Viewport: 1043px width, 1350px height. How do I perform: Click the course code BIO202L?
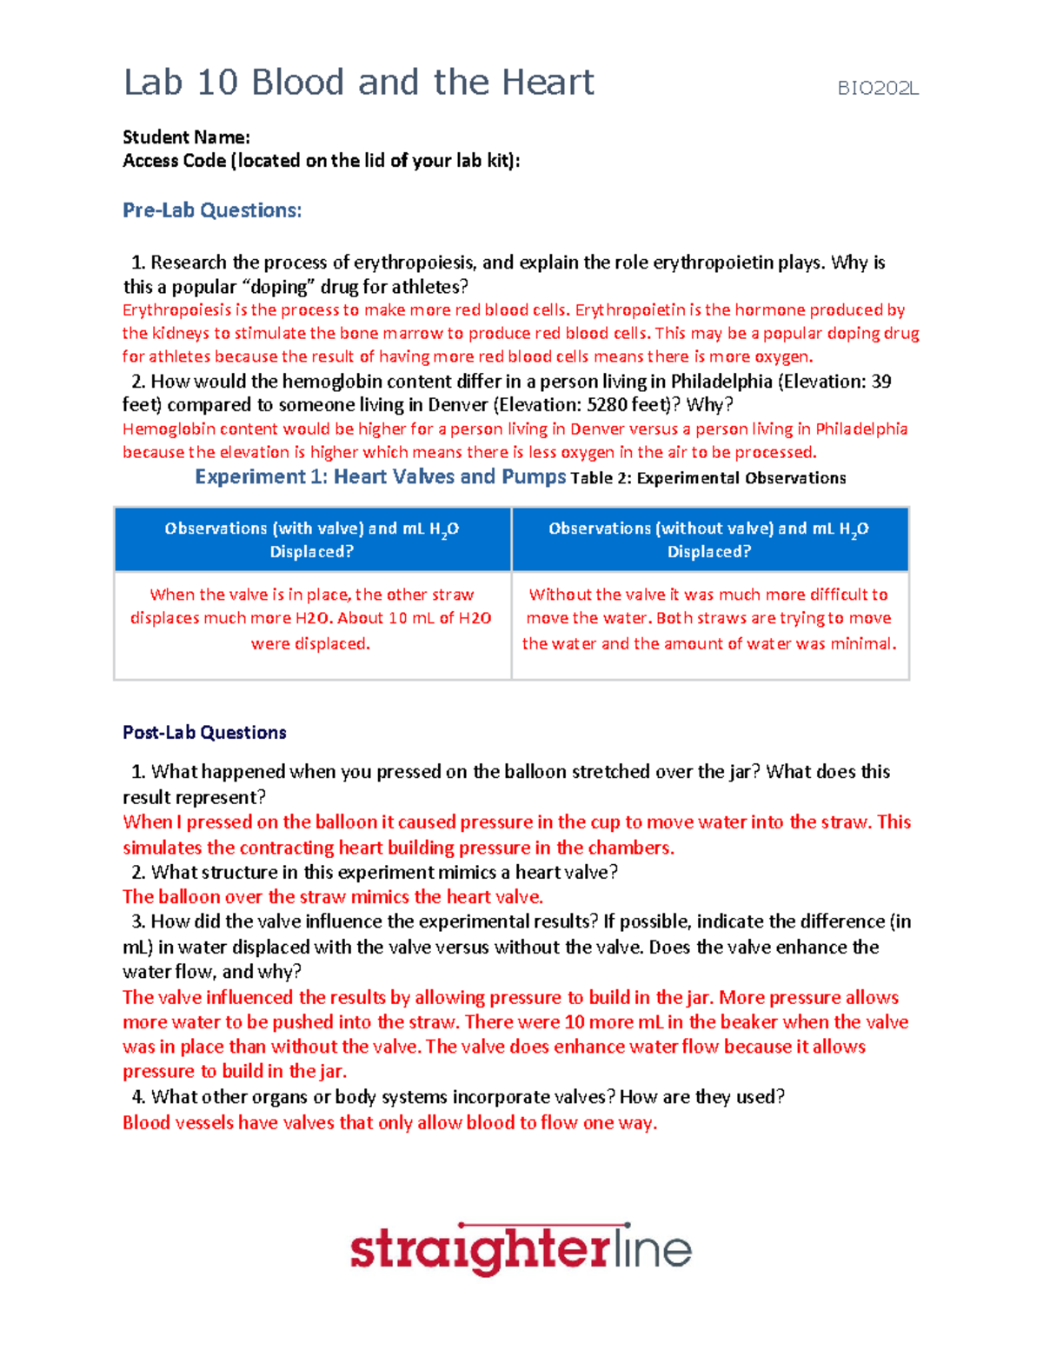point(877,88)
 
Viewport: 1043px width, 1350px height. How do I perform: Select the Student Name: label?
point(186,137)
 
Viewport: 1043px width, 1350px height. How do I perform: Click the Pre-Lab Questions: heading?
point(212,210)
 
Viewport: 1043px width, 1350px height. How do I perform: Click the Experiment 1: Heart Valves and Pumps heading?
point(380,476)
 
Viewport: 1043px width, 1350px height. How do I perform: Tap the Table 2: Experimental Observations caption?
point(708,478)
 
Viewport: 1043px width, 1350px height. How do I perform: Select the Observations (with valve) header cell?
point(312,540)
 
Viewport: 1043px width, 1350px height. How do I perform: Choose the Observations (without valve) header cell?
point(709,540)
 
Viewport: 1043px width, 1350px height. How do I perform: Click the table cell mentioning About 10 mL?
point(312,619)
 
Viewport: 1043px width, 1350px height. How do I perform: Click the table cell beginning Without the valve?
point(709,619)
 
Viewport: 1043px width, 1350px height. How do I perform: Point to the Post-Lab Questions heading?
point(204,733)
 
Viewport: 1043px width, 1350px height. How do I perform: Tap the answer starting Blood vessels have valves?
point(389,1123)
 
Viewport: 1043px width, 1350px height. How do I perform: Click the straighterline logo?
point(521,1249)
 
